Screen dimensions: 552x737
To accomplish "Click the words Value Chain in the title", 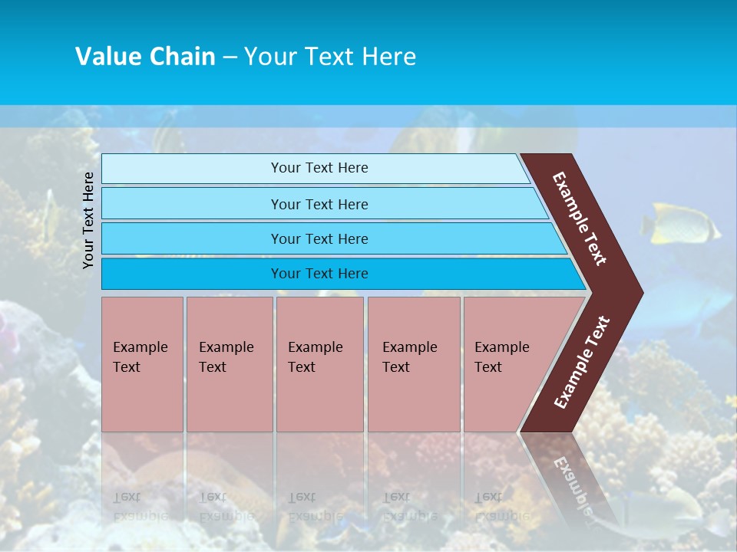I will pyautogui.click(x=145, y=57).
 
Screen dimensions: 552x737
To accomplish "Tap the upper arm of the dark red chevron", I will pyautogui.click(x=580, y=219).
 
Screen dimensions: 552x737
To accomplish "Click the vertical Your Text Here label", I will pyautogui.click(x=89, y=220).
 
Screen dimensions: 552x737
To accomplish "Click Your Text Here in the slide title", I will pyautogui.click(x=330, y=57).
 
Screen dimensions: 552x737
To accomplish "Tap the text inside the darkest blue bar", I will pyautogui.click(x=319, y=274).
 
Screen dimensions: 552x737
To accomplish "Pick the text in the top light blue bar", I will pyautogui.click(x=319, y=168).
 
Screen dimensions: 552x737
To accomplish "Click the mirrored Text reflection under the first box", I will pyautogui.click(x=127, y=496).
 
